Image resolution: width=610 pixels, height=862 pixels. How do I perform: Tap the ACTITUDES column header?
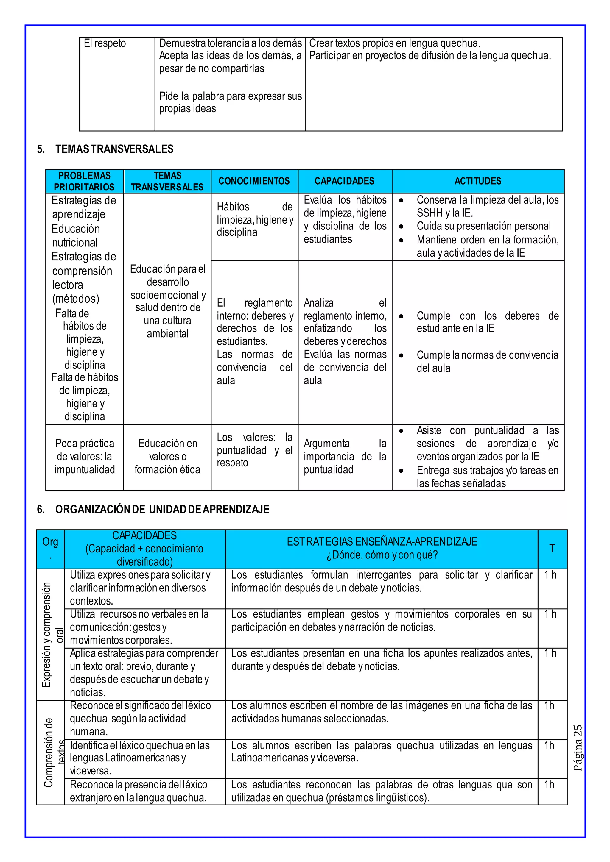coord(478,181)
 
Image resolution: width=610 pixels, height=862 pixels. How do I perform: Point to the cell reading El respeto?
coord(105,43)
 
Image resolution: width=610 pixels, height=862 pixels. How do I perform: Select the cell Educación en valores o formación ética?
coord(167,457)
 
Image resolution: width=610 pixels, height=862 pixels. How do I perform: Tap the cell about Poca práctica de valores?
coord(85,457)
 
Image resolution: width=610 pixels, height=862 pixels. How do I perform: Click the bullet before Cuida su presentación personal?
coord(402,227)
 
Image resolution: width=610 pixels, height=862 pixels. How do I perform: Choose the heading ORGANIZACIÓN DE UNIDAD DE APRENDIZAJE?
coord(162,510)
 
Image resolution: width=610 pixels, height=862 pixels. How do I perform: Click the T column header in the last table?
coord(552,549)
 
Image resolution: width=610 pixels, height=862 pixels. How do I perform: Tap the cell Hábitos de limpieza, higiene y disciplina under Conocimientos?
coord(254,220)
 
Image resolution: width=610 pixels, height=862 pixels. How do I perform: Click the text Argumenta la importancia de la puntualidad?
coord(345,457)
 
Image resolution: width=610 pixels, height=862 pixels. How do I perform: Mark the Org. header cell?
coord(50,548)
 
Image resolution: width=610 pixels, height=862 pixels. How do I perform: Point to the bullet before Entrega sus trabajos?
coord(402,471)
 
